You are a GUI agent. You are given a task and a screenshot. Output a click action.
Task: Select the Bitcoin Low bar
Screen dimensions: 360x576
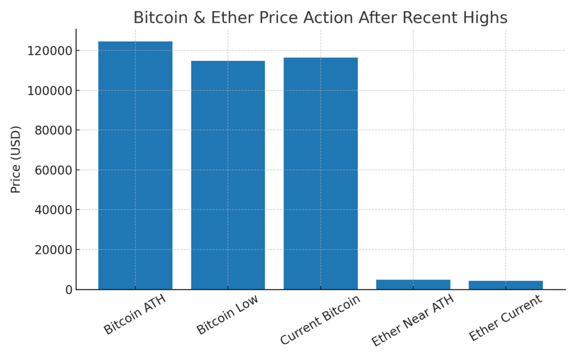coord(228,175)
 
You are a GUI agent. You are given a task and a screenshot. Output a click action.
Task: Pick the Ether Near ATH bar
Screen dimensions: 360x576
coord(413,285)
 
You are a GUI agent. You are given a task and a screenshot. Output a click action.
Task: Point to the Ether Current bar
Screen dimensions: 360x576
coord(506,285)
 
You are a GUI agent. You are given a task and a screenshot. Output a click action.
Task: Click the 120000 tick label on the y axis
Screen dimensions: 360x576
coord(50,51)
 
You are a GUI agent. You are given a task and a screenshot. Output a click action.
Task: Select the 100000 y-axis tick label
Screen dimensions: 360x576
coord(50,91)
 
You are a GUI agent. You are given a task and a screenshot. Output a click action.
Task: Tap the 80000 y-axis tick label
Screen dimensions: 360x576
coord(53,130)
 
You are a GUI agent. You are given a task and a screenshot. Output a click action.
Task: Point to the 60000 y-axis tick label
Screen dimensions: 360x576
coord(53,170)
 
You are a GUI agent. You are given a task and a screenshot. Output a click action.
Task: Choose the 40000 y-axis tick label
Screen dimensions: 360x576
coord(53,210)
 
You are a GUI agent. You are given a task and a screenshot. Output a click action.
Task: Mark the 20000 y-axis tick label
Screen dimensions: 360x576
coord(53,250)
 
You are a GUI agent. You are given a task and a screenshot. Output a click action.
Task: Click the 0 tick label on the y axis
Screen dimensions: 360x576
coord(69,290)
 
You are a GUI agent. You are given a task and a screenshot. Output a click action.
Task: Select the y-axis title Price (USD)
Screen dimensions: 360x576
coord(16,159)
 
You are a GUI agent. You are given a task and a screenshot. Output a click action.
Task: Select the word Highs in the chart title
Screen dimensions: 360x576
coord(485,18)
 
